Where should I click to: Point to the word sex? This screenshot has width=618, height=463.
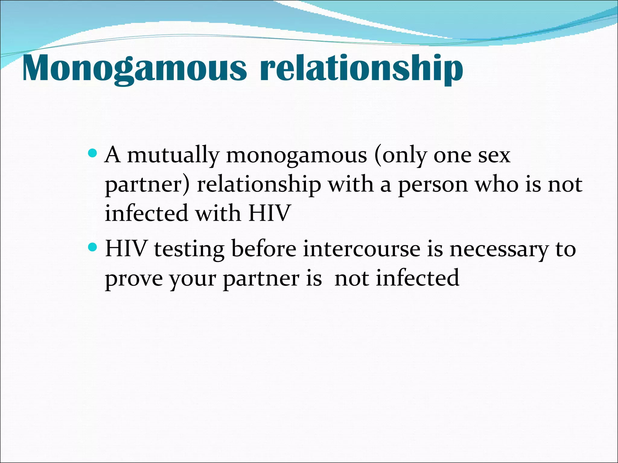click(494, 156)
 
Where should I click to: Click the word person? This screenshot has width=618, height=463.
click(433, 184)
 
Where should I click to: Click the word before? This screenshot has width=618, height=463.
click(264, 249)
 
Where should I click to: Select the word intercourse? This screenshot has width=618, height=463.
click(362, 249)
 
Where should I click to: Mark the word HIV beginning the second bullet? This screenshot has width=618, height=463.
click(126, 249)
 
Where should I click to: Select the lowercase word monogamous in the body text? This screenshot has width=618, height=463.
click(296, 156)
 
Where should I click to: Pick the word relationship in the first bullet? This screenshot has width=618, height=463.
click(259, 184)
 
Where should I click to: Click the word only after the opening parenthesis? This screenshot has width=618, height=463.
click(400, 156)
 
